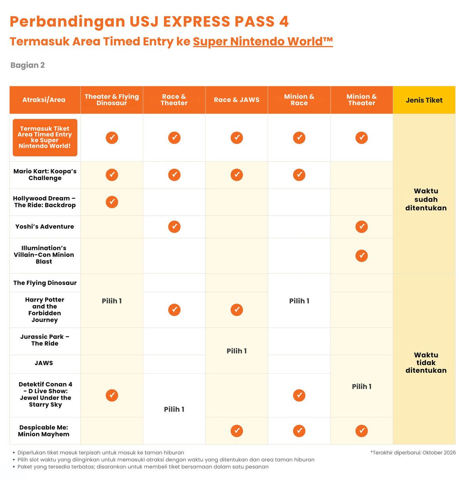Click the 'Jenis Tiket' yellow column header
point(424,100)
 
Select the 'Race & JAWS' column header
point(236,100)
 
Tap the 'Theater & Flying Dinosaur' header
point(112,100)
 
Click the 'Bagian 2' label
point(27,65)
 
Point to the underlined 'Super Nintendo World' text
point(263,41)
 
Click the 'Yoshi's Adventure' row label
point(45,226)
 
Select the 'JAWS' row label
point(44,363)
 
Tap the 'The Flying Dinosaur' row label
point(45,283)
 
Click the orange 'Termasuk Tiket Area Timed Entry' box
point(45,138)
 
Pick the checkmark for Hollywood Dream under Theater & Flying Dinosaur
point(112,202)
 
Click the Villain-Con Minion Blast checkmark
point(361,256)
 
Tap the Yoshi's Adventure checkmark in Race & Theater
point(174,226)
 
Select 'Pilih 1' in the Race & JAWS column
point(236,351)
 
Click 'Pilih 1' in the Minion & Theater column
point(361,386)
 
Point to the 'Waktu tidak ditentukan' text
point(426,362)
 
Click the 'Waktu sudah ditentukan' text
point(426,199)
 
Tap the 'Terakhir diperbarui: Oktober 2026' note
point(413,453)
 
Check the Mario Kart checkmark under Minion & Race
point(299,175)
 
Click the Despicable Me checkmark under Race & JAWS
point(237,431)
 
